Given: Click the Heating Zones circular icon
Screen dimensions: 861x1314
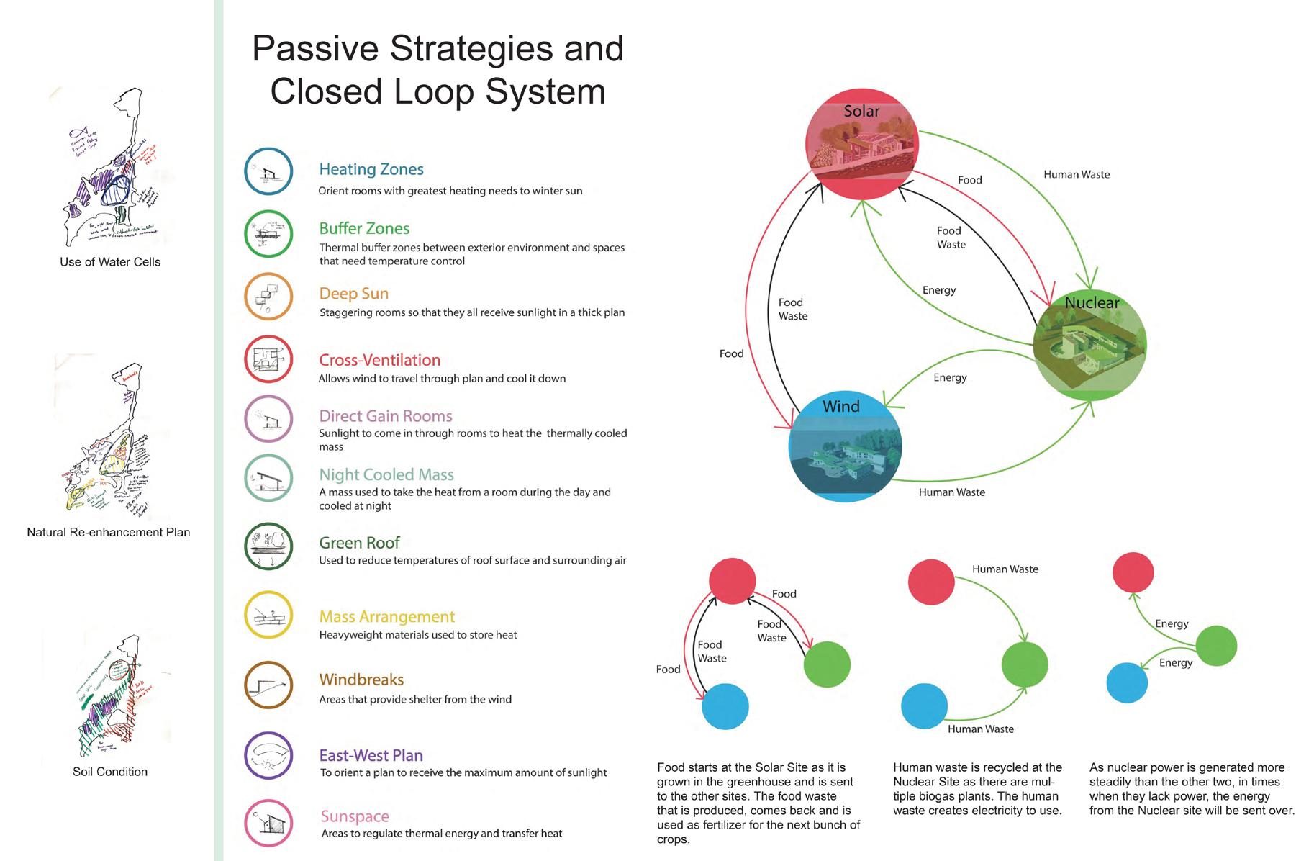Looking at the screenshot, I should tap(268, 172).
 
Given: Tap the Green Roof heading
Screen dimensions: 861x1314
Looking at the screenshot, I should tap(359, 543).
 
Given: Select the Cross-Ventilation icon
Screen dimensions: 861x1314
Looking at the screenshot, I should tap(268, 359).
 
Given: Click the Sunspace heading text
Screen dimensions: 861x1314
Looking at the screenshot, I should tap(355, 816).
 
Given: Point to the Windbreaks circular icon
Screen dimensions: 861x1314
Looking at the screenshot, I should tap(268, 685).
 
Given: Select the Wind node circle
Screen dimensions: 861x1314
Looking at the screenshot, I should tap(845, 446).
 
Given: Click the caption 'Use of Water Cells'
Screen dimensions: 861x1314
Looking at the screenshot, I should tap(110, 262).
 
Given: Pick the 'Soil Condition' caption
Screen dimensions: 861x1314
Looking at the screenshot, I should tap(110, 772).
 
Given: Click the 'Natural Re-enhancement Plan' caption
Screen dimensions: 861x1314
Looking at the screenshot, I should tap(109, 533).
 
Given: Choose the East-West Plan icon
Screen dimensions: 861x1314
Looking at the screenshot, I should tap(268, 757).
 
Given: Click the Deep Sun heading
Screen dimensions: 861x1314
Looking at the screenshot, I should tap(353, 294).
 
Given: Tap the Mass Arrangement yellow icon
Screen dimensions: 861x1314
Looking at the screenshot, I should tap(268, 616).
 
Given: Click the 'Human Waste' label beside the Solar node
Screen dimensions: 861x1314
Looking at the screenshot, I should tap(1076, 174).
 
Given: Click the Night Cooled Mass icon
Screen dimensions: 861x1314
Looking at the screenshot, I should tap(268, 478).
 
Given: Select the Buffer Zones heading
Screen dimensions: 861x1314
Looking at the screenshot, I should tap(364, 228).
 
